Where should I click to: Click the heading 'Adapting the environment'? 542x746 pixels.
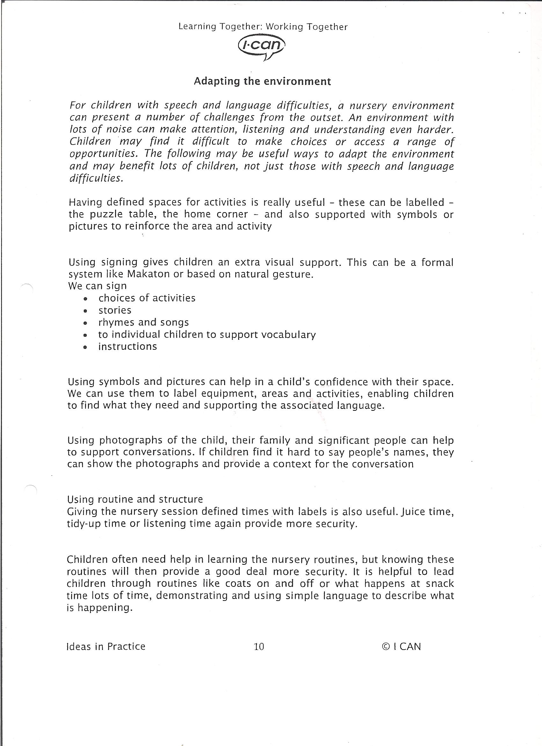point(262,81)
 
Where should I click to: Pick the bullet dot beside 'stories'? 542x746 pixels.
point(85,311)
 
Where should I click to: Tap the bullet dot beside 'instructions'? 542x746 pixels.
point(85,347)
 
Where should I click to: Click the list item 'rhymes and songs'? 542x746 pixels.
point(144,322)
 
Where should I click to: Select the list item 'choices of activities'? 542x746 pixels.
point(147,298)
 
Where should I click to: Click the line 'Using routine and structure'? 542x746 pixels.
point(135,499)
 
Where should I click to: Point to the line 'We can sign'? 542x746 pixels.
point(97,286)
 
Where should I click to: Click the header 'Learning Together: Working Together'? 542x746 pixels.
point(263,27)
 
